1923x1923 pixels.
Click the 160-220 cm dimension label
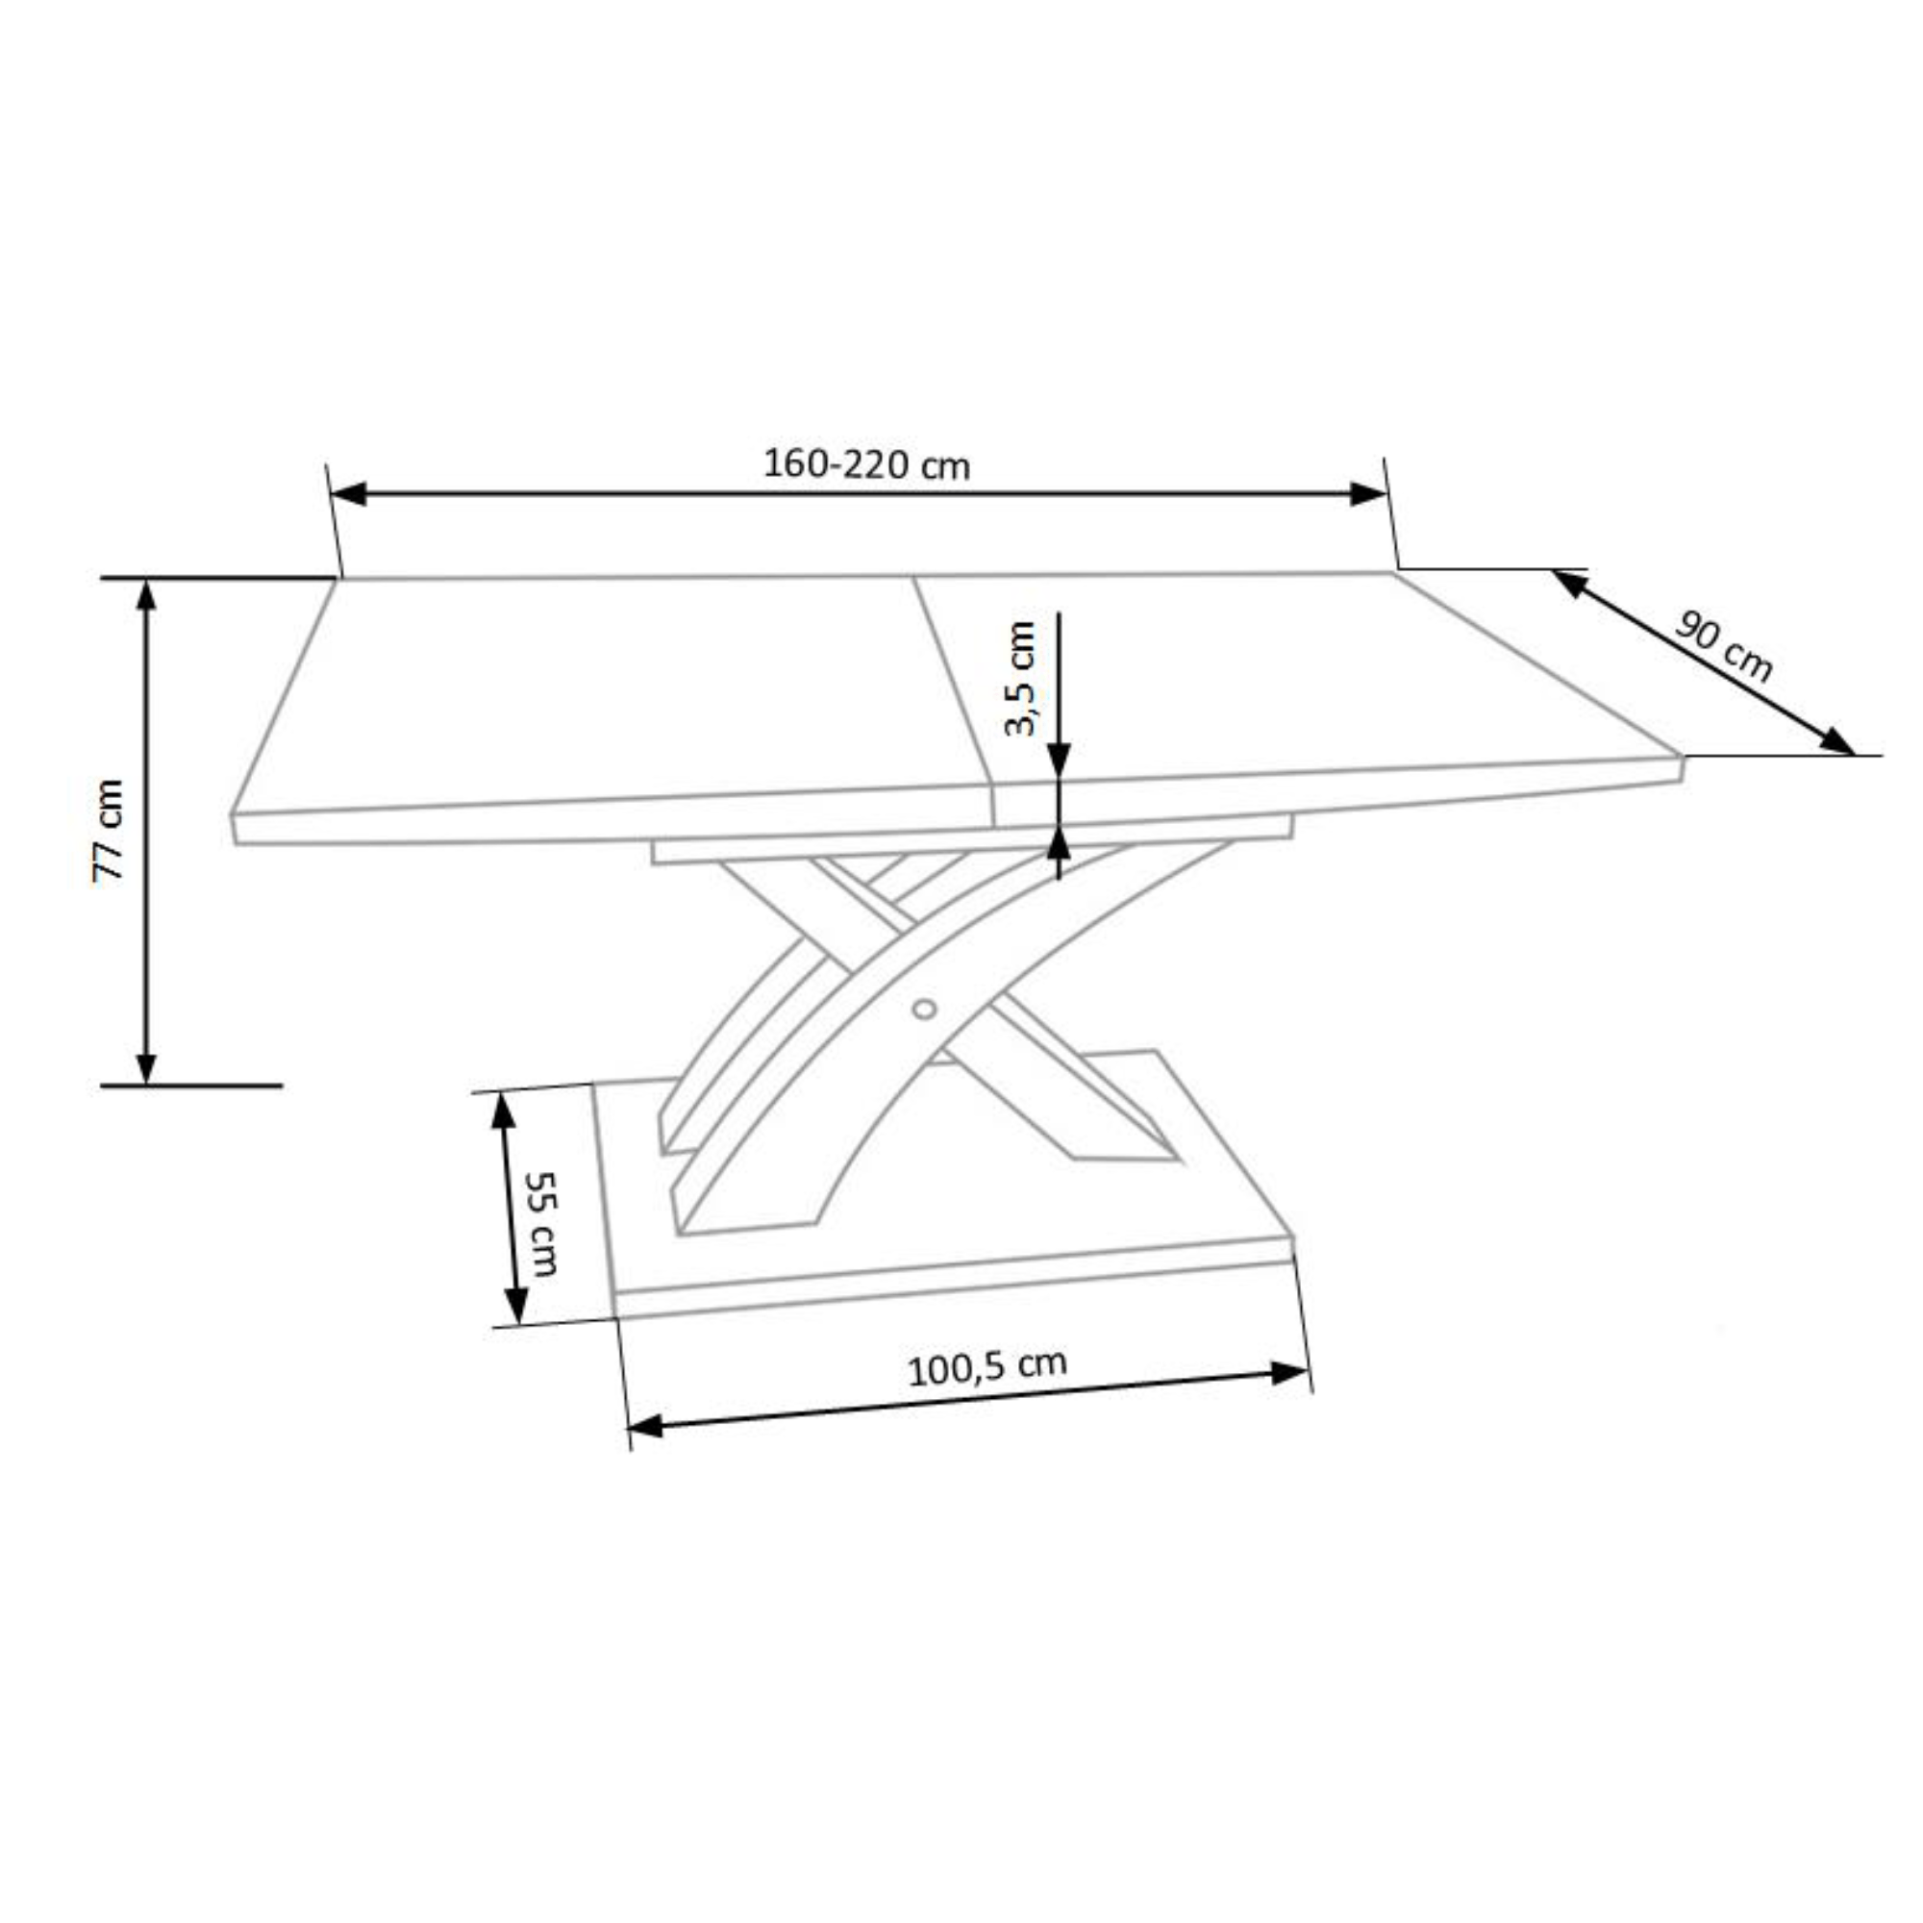click(866, 464)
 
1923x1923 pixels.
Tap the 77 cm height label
click(108, 830)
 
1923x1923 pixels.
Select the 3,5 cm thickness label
click(1020, 678)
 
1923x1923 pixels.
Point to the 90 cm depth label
click(1723, 648)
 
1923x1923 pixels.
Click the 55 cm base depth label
click(541, 1223)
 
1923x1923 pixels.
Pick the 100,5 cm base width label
click(986, 1367)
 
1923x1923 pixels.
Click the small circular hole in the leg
click(924, 1010)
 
